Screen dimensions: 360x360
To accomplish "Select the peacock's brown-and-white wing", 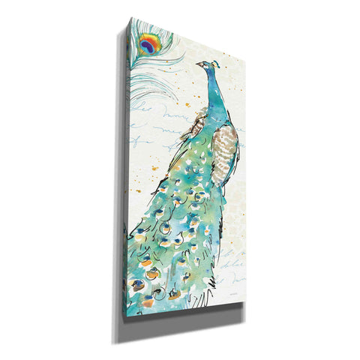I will tap(225, 146).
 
